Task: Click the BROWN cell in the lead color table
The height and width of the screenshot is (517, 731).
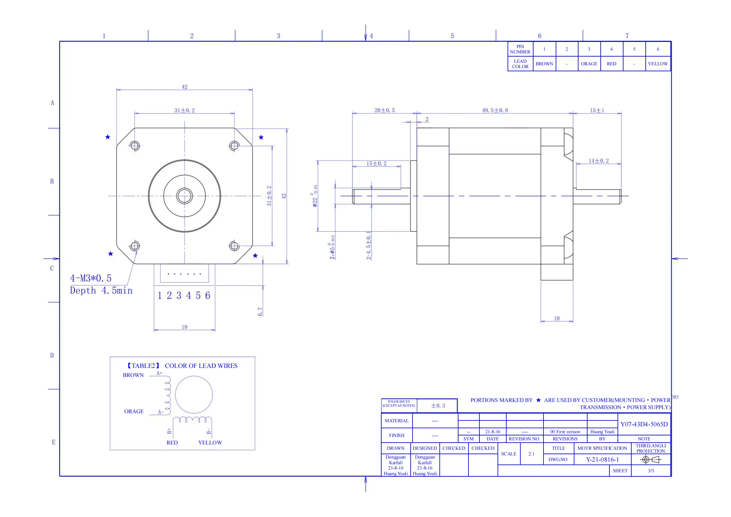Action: pos(544,64)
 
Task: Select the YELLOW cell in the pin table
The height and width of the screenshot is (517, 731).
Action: pos(658,64)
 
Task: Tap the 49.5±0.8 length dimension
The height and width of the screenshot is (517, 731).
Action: pos(495,110)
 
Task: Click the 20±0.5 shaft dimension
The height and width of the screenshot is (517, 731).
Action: pos(384,110)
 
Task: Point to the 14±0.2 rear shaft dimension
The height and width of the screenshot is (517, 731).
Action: pos(598,161)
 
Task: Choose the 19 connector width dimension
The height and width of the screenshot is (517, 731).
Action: pos(184,327)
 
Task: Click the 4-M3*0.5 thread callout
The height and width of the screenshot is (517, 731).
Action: pos(91,278)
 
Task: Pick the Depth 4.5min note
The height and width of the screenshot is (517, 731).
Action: pos(101,291)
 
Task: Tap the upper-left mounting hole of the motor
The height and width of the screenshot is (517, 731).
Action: pos(135,146)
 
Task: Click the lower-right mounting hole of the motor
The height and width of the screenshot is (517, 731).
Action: pos(234,246)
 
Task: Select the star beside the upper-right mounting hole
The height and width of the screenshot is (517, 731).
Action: pos(261,137)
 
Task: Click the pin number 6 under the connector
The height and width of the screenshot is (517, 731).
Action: pos(208,296)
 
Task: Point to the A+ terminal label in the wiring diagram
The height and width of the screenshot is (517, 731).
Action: pos(159,373)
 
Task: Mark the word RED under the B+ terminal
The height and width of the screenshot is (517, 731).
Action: pos(172,443)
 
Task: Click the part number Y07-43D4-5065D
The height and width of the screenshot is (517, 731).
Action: pos(644,424)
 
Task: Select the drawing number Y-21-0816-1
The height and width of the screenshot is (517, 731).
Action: pos(602,459)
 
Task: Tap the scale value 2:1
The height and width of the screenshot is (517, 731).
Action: pos(531,454)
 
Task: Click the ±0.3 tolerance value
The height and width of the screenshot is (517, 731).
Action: pos(438,406)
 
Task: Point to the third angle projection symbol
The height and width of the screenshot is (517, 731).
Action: pos(650,459)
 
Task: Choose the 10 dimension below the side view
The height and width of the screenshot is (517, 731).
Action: pos(557,318)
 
